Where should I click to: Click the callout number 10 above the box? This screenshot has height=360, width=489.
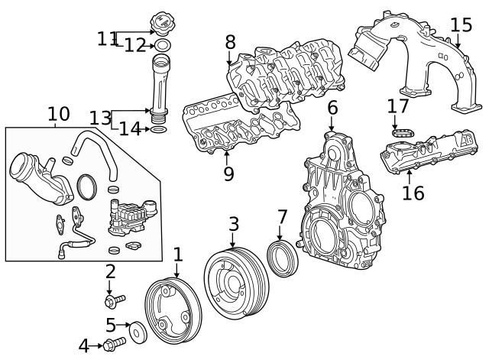point(58,115)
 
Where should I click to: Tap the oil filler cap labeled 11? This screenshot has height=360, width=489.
point(163,24)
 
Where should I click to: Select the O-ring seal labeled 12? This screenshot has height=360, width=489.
point(163,46)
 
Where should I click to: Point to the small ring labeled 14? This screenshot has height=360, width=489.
point(158,130)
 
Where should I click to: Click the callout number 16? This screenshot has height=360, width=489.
point(413,193)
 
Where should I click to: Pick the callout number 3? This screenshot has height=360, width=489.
point(234,224)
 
